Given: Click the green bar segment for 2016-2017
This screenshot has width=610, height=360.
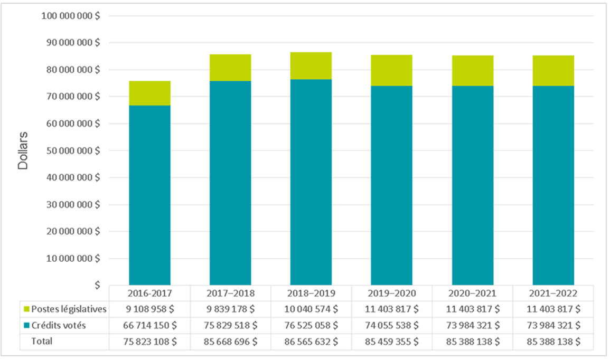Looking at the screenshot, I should pyautogui.click(x=149, y=93).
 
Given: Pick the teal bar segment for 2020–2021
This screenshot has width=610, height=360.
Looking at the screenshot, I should pyautogui.click(x=472, y=185).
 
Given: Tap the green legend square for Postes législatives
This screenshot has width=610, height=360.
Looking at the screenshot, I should pyautogui.click(x=26, y=309).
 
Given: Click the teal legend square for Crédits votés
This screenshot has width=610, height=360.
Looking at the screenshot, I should pyautogui.click(x=26, y=326).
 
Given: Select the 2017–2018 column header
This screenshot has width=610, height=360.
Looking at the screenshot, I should pyautogui.click(x=230, y=292).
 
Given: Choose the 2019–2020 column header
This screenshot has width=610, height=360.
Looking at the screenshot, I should pyautogui.click(x=391, y=292).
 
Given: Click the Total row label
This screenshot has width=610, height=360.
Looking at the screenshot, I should pyautogui.click(x=42, y=342).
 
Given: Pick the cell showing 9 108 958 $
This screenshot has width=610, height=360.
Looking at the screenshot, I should pyautogui.click(x=149, y=309).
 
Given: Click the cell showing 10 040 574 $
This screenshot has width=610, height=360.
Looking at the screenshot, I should pyautogui.click(x=311, y=309).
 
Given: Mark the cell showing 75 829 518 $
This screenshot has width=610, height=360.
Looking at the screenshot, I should pyautogui.click(x=230, y=326).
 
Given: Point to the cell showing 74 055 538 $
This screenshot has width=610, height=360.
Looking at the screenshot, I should pyautogui.click(x=391, y=326).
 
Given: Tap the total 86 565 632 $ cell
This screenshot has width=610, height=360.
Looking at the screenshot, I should pyautogui.click(x=311, y=342).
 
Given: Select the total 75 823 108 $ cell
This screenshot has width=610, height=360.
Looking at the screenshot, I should pyautogui.click(x=149, y=342).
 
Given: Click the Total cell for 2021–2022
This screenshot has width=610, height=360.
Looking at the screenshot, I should pyautogui.click(x=552, y=342).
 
